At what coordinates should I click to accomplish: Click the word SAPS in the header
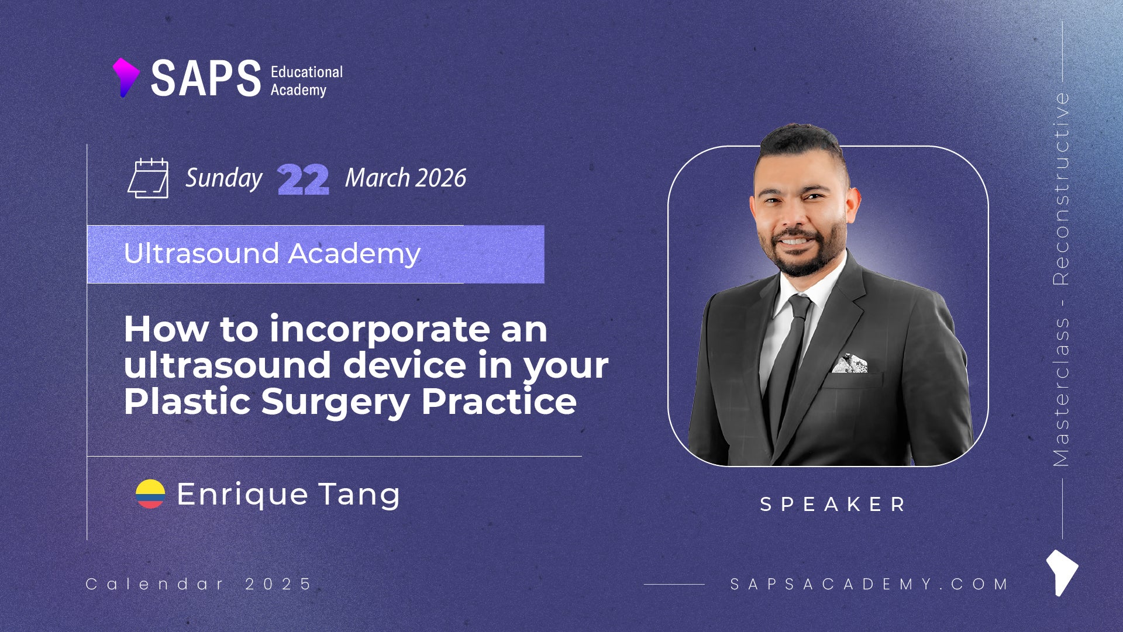click(206, 78)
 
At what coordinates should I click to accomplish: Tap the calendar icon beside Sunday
click(148, 178)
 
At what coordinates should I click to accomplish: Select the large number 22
click(303, 179)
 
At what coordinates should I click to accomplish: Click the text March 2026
click(405, 178)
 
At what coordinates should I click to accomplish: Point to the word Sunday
click(224, 179)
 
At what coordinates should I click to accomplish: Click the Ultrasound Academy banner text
click(272, 254)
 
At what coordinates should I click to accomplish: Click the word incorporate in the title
click(380, 330)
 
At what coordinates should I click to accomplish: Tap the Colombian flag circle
click(150, 494)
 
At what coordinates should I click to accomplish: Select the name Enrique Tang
click(288, 495)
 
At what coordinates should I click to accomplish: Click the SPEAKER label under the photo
click(832, 504)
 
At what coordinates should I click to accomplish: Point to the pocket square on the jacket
click(849, 364)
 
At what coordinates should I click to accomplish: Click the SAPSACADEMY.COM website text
click(869, 584)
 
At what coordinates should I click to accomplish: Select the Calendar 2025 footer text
click(199, 584)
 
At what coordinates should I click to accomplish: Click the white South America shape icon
click(1062, 572)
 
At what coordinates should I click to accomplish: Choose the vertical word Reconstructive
click(1061, 188)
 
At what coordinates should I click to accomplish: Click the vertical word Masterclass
click(1061, 392)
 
